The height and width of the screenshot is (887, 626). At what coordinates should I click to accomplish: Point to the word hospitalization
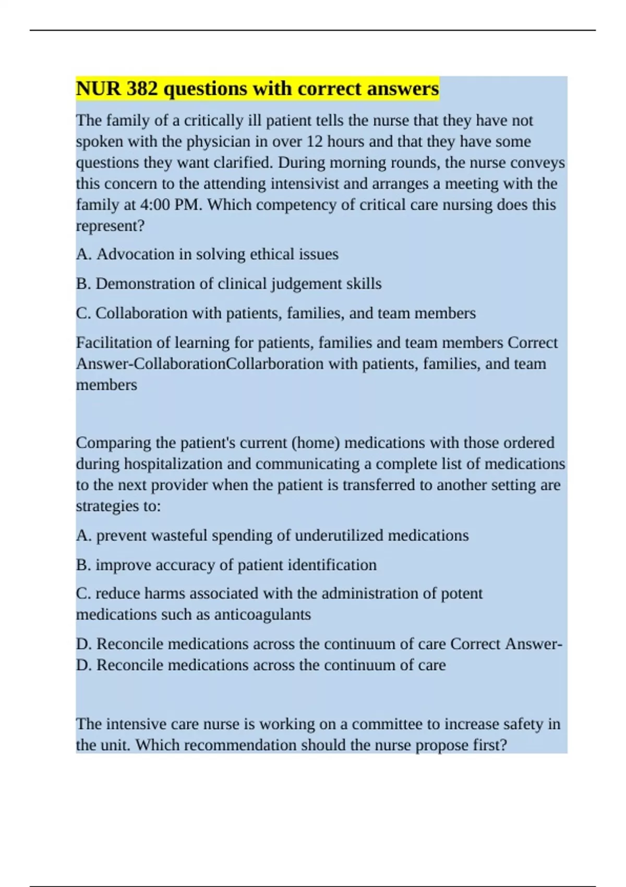(188, 464)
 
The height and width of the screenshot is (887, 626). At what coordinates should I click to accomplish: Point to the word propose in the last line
(443, 745)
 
